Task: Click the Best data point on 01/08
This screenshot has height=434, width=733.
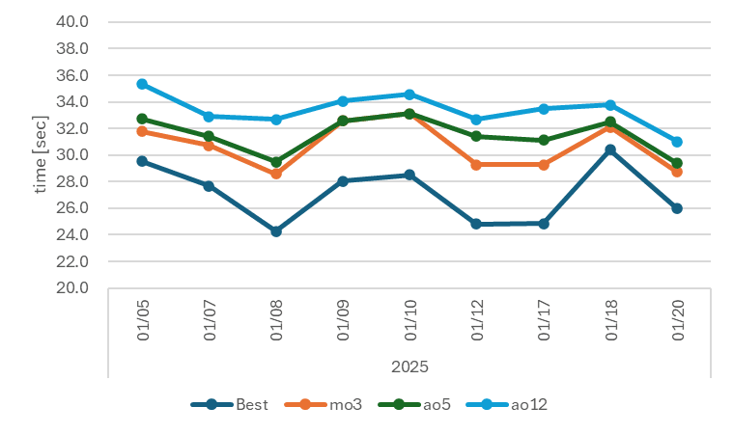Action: tap(276, 231)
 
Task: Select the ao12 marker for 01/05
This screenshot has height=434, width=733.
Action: tap(142, 84)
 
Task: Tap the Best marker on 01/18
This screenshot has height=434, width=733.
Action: tap(610, 149)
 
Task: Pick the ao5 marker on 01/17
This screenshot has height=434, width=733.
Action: tap(544, 140)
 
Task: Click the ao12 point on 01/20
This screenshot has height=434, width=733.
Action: tap(677, 142)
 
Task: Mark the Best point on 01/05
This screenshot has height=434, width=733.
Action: tap(142, 161)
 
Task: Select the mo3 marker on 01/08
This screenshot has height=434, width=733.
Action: tap(276, 174)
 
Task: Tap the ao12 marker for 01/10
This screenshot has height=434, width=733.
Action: tap(409, 95)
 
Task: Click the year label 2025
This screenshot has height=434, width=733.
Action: tap(409, 366)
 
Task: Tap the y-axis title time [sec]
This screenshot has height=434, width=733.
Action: tap(41, 155)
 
